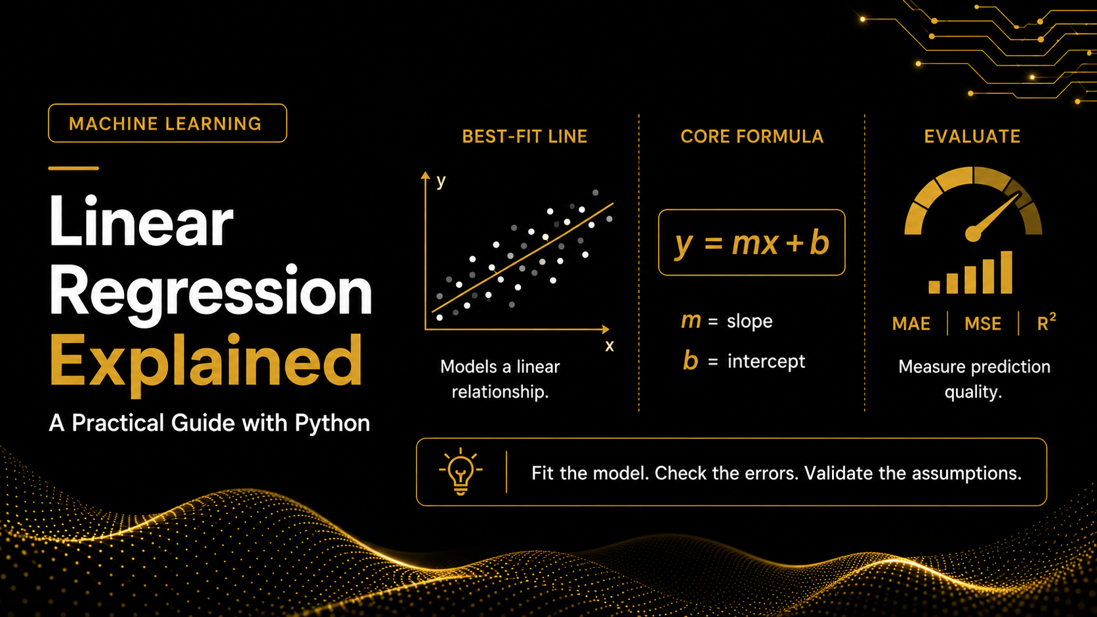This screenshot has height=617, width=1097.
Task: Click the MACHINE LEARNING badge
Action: (x=167, y=123)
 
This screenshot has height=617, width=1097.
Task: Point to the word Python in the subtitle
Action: (x=332, y=424)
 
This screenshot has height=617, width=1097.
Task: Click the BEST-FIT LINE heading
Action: (x=524, y=136)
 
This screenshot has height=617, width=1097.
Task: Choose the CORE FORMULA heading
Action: (x=752, y=136)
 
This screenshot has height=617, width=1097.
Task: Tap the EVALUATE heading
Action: (x=972, y=136)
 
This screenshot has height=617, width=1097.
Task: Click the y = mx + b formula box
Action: (x=752, y=242)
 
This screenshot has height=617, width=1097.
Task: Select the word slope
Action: (x=750, y=321)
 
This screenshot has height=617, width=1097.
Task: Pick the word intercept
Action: (x=766, y=361)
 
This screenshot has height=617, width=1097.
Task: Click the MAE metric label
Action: (x=911, y=324)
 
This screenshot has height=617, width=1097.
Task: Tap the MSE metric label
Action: (x=982, y=324)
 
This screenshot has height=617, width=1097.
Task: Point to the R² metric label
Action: (x=1046, y=323)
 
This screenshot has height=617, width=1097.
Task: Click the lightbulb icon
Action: (x=461, y=471)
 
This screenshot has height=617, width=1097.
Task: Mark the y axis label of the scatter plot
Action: (x=441, y=182)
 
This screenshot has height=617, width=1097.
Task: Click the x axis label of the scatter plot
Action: (x=610, y=346)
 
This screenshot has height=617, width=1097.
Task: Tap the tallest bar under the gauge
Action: (x=1006, y=273)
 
